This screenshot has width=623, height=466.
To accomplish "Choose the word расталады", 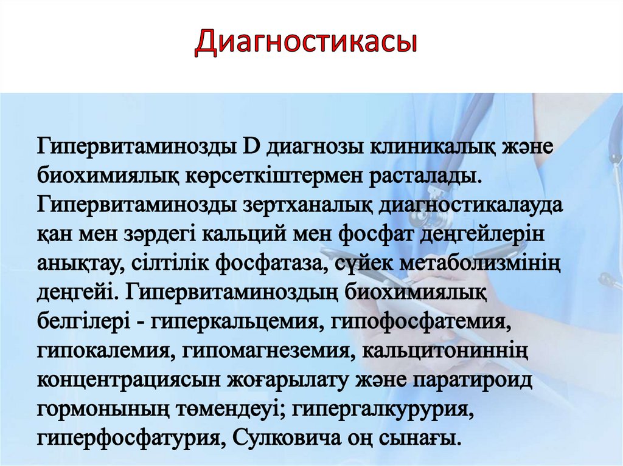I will (x=424, y=175).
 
